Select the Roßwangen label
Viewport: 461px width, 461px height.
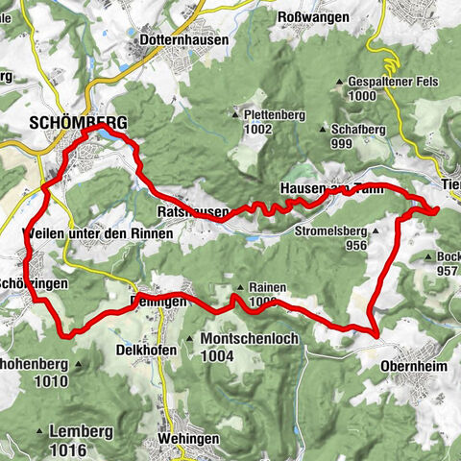pos(309,16)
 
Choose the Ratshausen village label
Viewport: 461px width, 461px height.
pos(182,209)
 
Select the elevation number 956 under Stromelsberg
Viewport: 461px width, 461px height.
pos(357,245)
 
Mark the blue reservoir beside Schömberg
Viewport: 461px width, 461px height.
pos(122,135)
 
